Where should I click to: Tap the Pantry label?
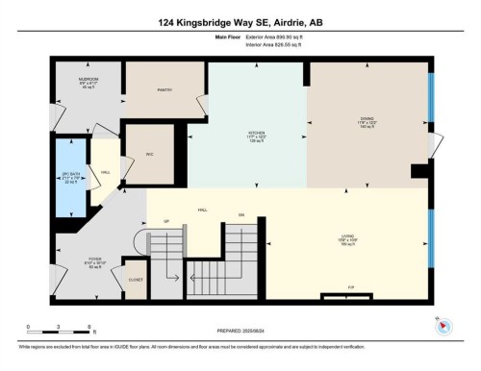164,90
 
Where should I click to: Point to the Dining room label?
367,120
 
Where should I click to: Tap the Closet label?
137,280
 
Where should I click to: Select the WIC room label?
151,153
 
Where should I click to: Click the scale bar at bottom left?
59,327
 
